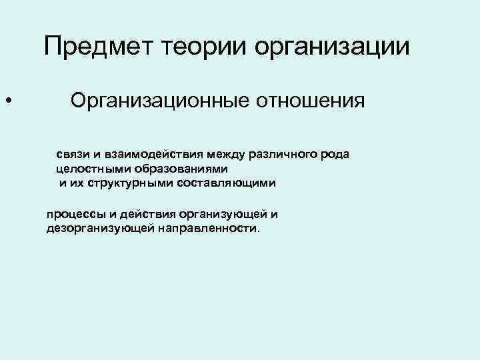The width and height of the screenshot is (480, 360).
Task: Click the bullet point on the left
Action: click(x=7, y=102)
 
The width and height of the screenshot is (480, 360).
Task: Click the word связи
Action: click(x=72, y=155)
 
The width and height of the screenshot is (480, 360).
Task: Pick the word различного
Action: click(x=286, y=155)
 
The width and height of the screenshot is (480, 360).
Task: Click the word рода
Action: click(x=336, y=155)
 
